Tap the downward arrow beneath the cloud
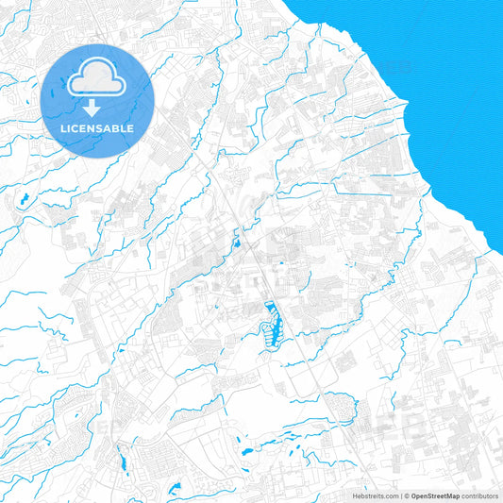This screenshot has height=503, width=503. [x=96, y=103]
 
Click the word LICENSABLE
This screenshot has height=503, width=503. [x=96, y=128]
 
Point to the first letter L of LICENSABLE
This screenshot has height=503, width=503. [x=62, y=128]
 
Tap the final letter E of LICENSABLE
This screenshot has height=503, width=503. [x=131, y=128]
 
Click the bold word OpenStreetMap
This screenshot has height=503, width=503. [x=436, y=495]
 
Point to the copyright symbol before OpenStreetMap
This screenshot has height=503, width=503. [x=407, y=495]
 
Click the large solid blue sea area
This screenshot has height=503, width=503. [x=444, y=75]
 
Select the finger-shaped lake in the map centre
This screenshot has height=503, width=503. [x=273, y=321]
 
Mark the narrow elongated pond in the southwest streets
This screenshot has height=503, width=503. [x=120, y=461]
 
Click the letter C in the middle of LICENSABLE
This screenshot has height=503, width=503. [x=78, y=128]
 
